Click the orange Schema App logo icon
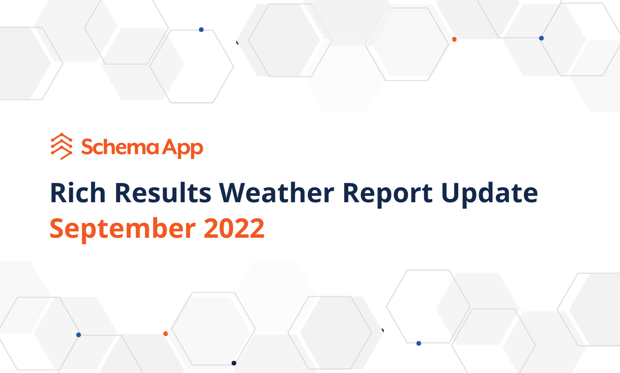pos(62,147)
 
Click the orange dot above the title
pos(454,40)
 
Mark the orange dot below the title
pos(166,333)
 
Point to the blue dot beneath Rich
pos(79,335)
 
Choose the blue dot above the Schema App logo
pos(201,30)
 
